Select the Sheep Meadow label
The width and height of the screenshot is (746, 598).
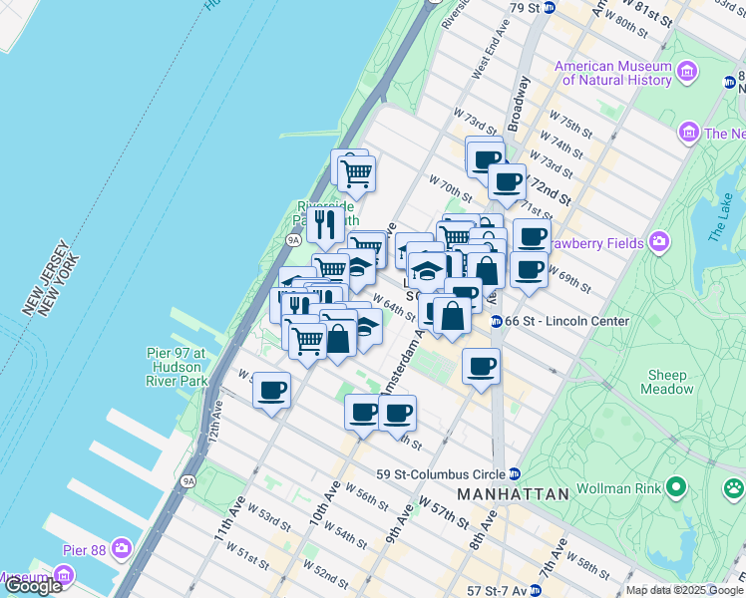pyautogui.click(x=667, y=383)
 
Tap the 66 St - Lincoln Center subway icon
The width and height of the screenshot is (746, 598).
pyautogui.click(x=496, y=321)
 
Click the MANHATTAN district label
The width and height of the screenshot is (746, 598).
pyautogui.click(x=513, y=494)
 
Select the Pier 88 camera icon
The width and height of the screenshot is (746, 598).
pyautogui.click(x=123, y=548)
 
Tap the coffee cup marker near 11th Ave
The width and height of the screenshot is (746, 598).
pyautogui.click(x=271, y=390)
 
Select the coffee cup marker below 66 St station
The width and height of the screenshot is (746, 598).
pyautogui.click(x=481, y=366)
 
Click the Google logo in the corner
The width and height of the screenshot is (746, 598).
pyautogui.click(x=33, y=586)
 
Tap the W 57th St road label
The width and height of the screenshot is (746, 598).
pyautogui.click(x=445, y=511)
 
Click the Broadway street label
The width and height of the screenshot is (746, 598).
pyautogui.click(x=515, y=105)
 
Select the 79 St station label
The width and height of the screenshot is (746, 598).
pyautogui.click(x=527, y=8)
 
